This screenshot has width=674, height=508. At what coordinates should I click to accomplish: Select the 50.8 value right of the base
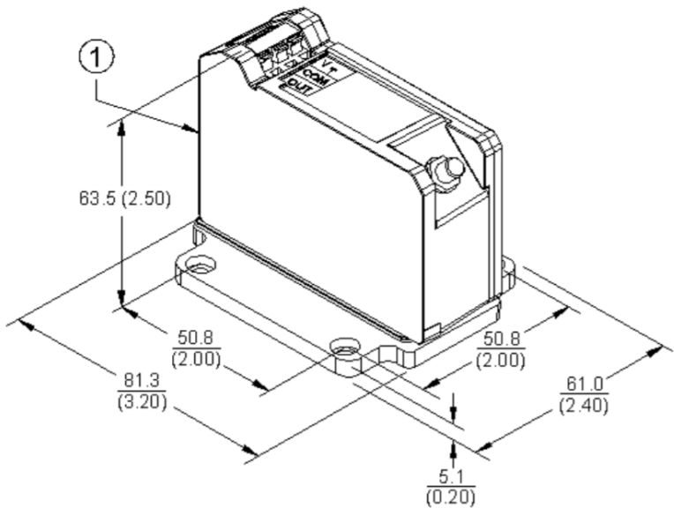click(x=500, y=338)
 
